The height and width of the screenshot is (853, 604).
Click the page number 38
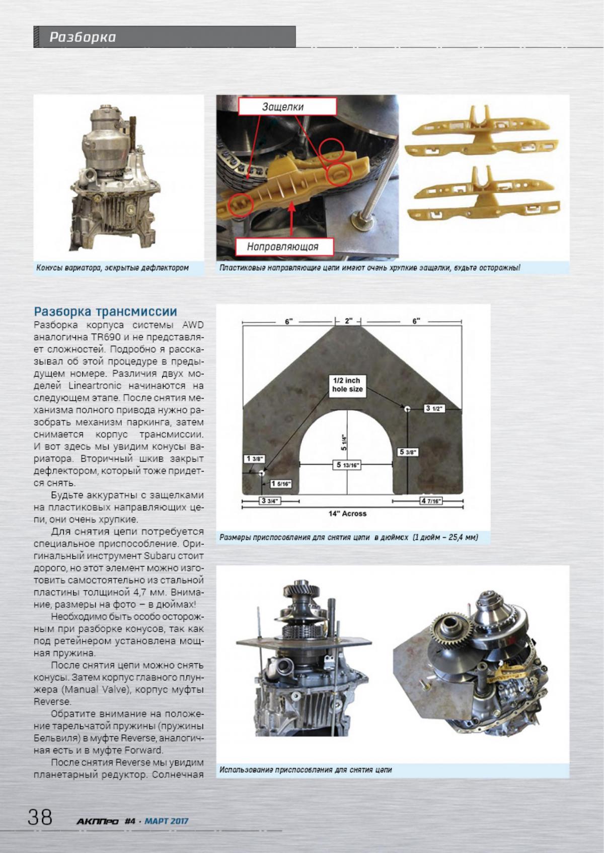40,816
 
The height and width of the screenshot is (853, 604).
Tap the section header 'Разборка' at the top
83,37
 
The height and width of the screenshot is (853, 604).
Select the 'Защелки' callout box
282,107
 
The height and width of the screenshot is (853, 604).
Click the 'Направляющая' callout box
283,246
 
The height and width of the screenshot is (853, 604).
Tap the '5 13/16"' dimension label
346,465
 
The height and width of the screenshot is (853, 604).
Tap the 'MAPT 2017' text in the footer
166,821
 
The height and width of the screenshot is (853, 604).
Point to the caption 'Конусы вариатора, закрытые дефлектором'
112,268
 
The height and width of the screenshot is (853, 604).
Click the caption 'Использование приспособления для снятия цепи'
306,784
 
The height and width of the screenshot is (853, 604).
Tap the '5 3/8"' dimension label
407,452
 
